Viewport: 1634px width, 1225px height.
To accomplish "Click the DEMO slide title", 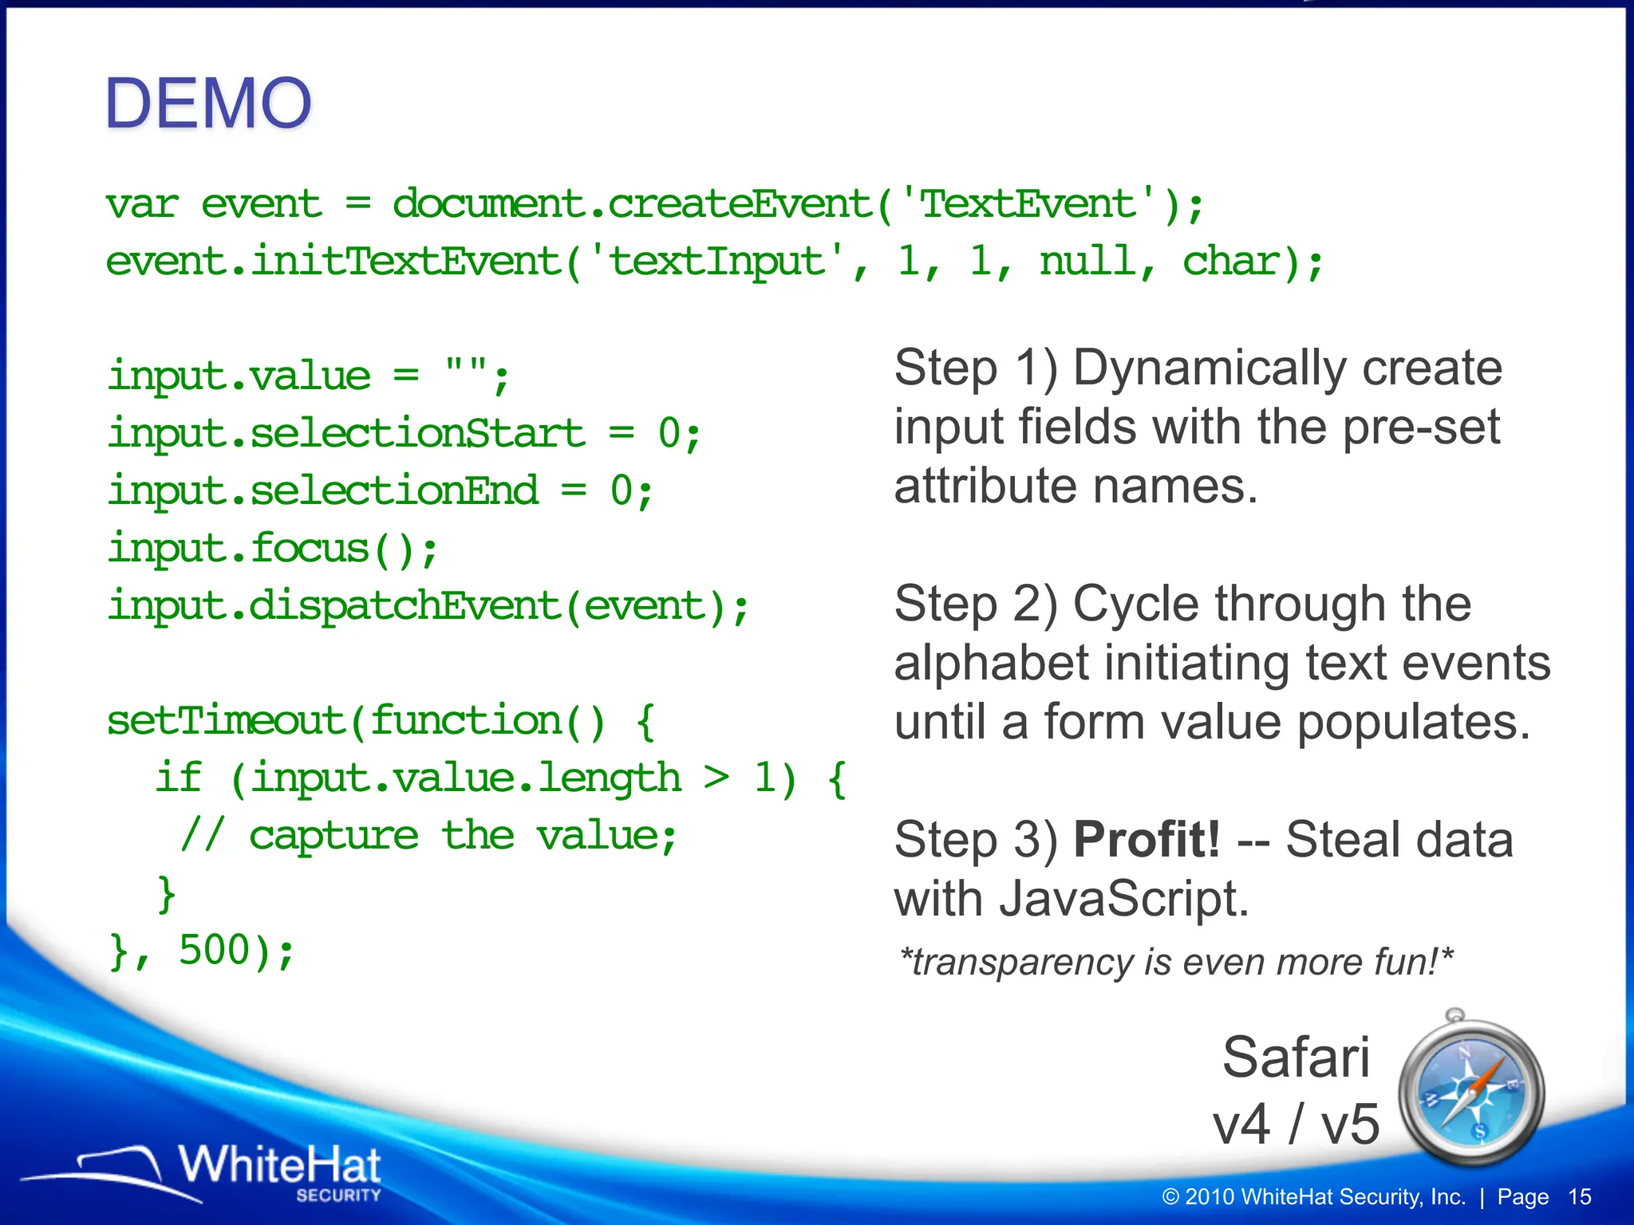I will tap(208, 104).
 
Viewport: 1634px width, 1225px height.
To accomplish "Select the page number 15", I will tap(1579, 1197).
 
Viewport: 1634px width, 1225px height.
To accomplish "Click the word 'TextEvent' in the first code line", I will tap(1028, 204).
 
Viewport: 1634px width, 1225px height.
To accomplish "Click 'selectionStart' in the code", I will tap(418, 434).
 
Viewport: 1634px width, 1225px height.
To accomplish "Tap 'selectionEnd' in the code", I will tap(394, 491).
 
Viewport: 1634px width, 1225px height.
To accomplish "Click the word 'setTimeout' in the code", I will tap(225, 721).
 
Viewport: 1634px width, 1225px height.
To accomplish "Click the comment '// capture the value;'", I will tap(429, 836).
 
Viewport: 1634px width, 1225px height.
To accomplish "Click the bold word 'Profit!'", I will tap(1146, 840).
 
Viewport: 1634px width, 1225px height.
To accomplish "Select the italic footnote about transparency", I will tap(1174, 962).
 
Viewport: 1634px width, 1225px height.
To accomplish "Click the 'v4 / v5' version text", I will tap(1296, 1125).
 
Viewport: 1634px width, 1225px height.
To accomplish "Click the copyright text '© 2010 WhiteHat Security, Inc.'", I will tap(1313, 1197).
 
